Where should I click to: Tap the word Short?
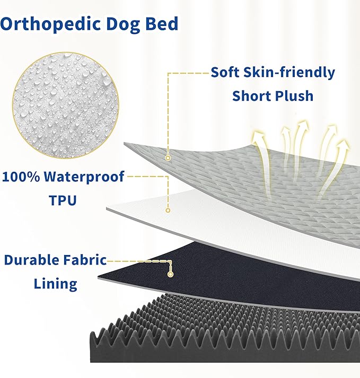[251, 96]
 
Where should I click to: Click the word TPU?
[63, 200]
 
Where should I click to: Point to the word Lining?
[56, 284]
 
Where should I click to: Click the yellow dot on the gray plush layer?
[168, 157]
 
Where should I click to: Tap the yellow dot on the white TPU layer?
[168, 210]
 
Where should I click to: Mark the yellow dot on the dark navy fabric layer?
[171, 274]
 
